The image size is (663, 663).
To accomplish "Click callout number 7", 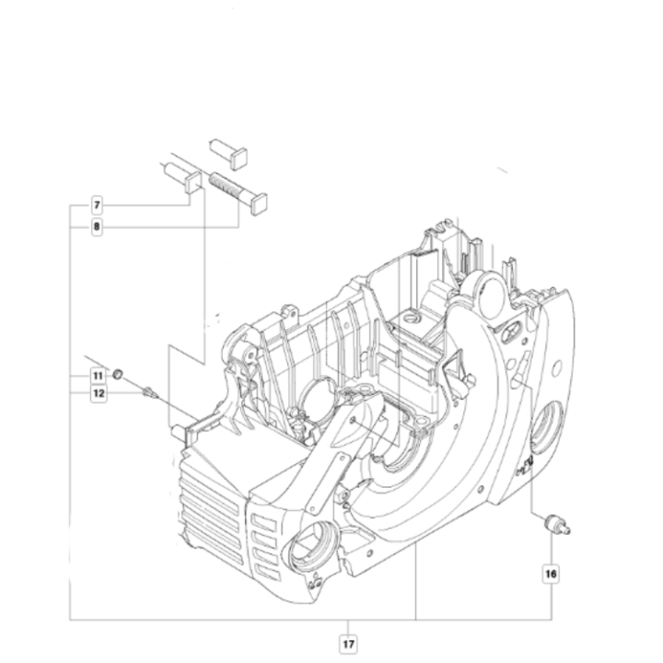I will tap(97, 204).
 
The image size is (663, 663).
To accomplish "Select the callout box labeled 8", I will tap(97, 227).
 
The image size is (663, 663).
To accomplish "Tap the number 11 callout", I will tap(97, 376).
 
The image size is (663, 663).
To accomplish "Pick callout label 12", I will tap(97, 393).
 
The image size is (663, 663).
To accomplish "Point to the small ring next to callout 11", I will tap(119, 373).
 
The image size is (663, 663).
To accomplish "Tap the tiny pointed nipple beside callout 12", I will tap(148, 392).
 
